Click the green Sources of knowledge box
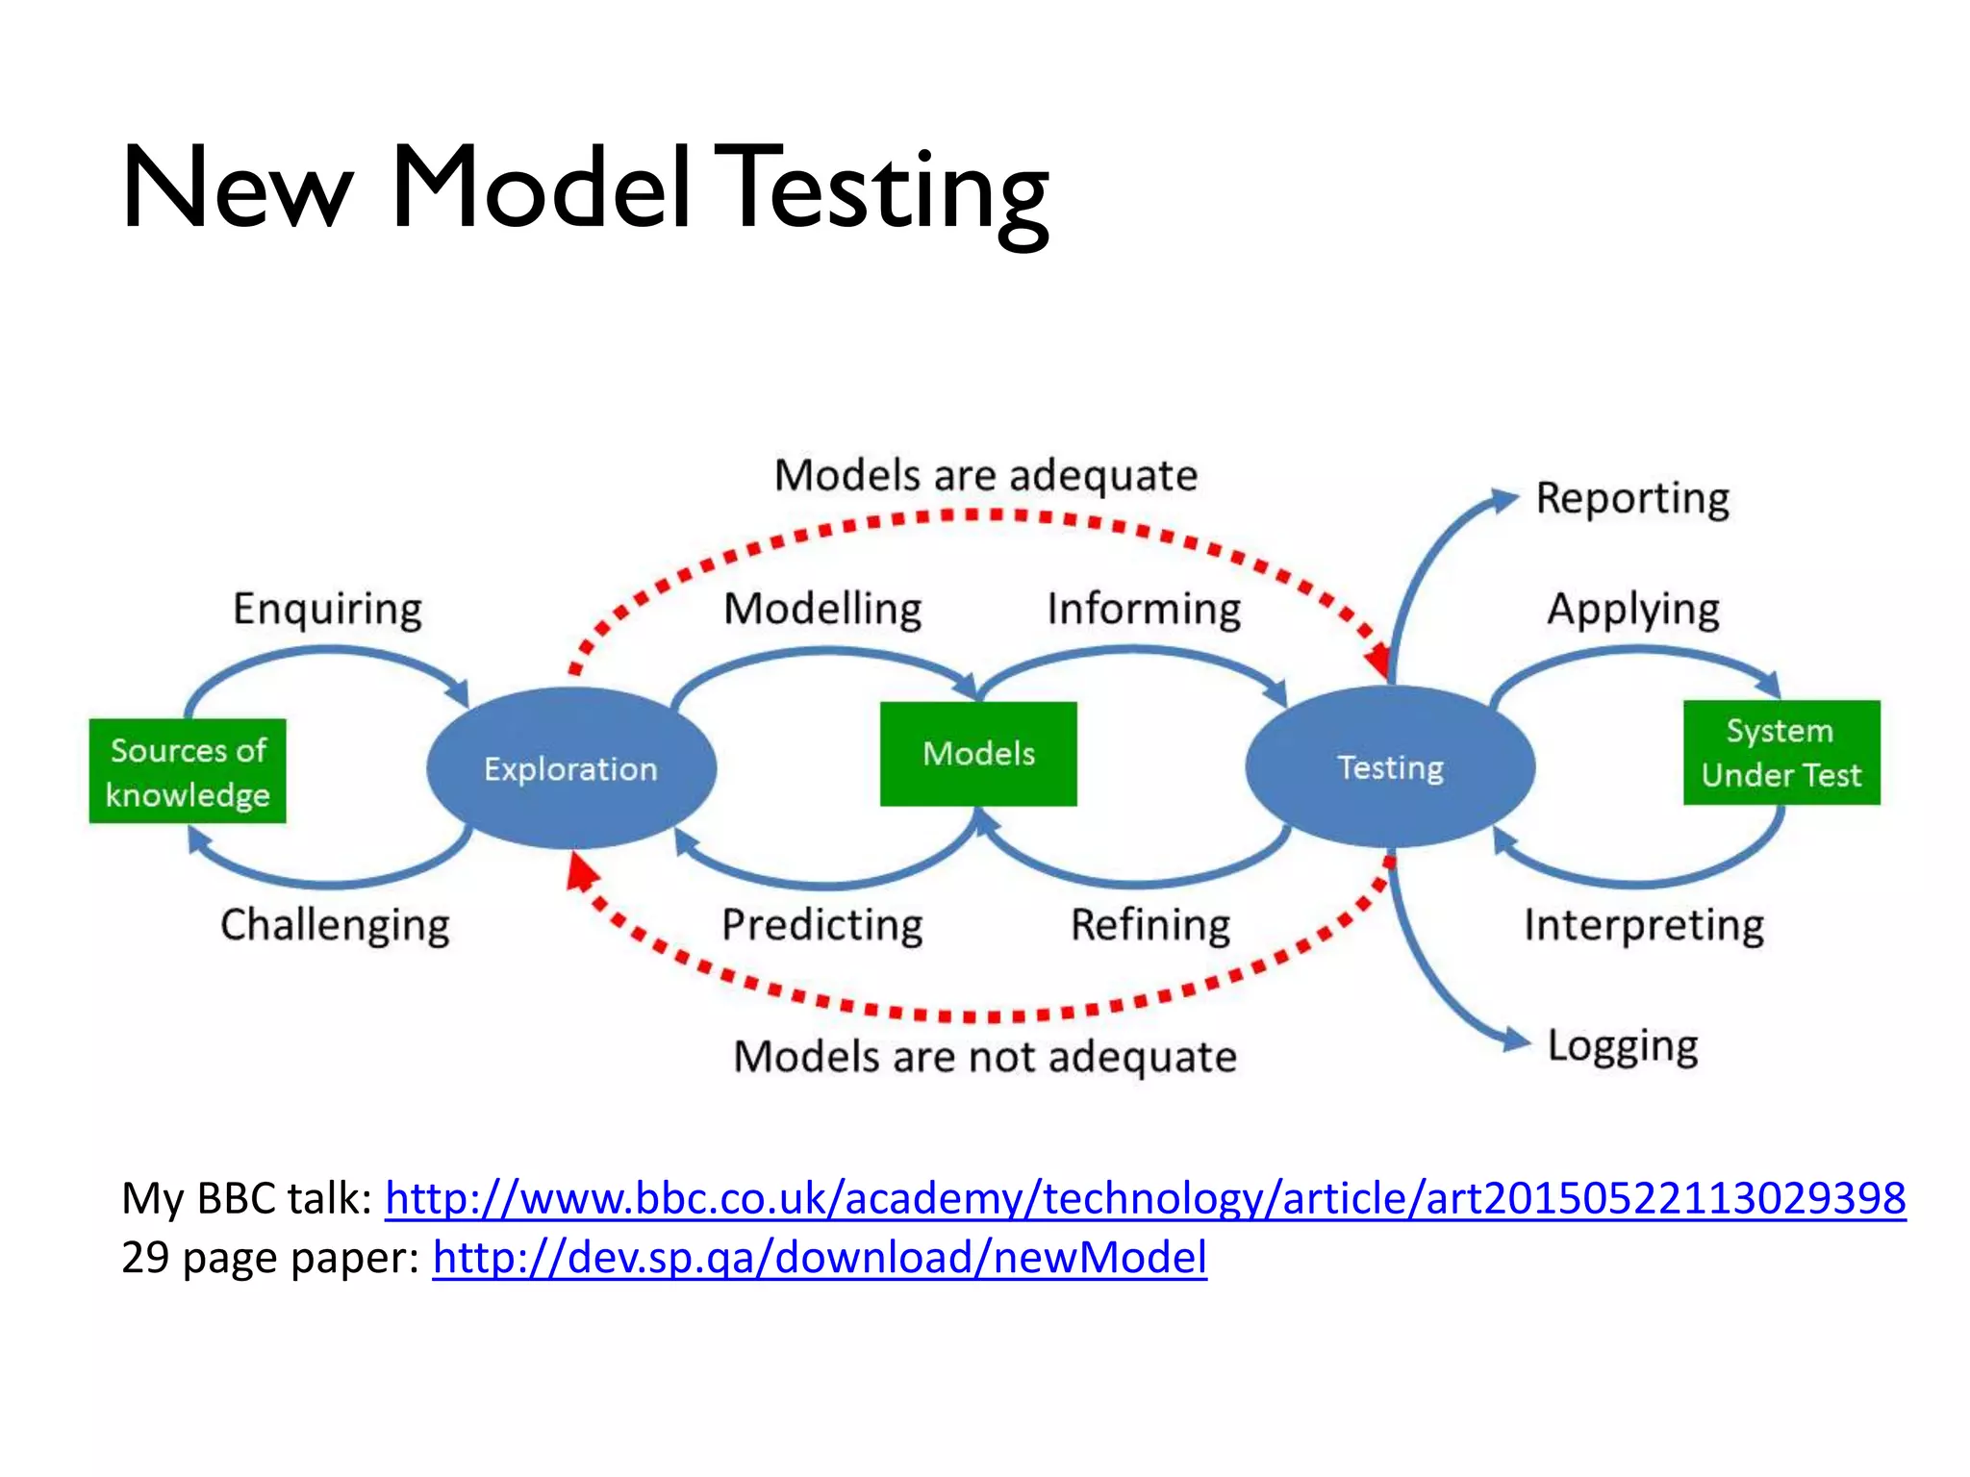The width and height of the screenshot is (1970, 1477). tap(188, 771)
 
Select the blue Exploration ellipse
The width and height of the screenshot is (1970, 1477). tap(571, 768)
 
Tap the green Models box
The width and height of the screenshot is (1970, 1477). tap(978, 754)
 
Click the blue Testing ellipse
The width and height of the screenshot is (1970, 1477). tap(1390, 767)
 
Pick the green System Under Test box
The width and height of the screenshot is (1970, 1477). tap(1781, 753)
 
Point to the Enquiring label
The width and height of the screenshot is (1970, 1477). tap(327, 610)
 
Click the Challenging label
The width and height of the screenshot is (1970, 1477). tap(335, 925)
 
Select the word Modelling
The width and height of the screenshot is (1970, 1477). tap(822, 610)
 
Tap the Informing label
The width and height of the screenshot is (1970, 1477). tap(1144, 610)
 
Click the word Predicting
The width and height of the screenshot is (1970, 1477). tap(822, 925)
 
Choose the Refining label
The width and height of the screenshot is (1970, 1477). tap(1150, 925)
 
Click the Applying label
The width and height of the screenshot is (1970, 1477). tap(1633, 610)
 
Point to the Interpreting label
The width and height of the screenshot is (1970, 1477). tap(1644, 925)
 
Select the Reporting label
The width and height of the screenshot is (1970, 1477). tap(1632, 498)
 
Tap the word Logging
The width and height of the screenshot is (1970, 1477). tap(1623, 1046)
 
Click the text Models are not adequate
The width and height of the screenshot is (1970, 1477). tap(985, 1057)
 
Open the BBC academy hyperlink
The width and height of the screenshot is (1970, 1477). tap(1145, 1199)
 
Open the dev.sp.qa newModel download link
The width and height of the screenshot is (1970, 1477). tap(820, 1258)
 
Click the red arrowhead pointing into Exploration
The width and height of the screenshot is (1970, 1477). tap(581, 873)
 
